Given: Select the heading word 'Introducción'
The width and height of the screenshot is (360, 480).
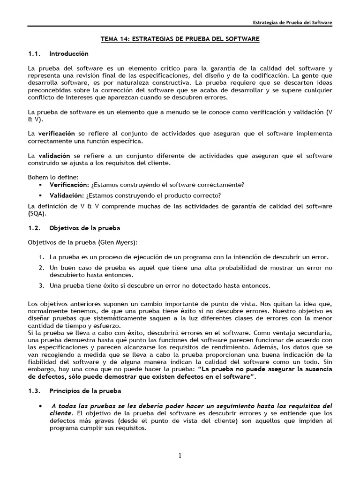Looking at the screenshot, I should click(x=68, y=54).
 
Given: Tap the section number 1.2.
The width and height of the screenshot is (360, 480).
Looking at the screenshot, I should click(x=35, y=228).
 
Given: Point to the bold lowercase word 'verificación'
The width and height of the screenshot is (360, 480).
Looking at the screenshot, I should click(x=56, y=134).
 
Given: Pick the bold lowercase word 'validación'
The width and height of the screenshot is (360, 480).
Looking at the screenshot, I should click(x=54, y=156).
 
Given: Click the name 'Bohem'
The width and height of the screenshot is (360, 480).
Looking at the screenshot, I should click(x=37, y=177).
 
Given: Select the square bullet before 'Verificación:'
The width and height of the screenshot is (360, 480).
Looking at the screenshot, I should click(x=41, y=185).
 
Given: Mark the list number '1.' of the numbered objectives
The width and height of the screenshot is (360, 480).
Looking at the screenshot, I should click(x=42, y=257).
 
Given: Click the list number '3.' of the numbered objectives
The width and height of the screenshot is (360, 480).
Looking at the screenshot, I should click(x=42, y=285).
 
